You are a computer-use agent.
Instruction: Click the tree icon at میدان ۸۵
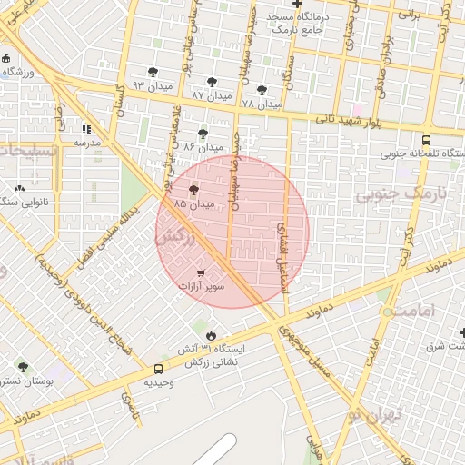click(193, 190)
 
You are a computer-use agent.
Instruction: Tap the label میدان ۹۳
click(151, 85)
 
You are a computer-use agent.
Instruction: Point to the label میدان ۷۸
click(261, 104)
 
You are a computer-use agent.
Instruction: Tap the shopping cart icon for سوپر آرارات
click(200, 272)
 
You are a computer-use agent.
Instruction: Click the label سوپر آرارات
click(202, 287)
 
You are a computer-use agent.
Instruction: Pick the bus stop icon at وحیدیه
click(159, 369)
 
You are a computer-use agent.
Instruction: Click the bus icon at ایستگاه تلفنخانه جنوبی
click(427, 140)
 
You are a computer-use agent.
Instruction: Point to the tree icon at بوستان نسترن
click(23, 367)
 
